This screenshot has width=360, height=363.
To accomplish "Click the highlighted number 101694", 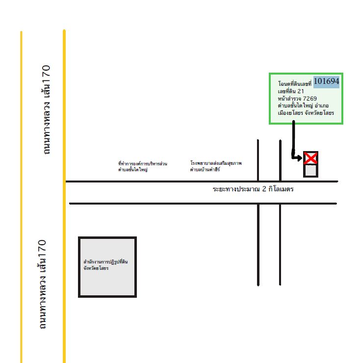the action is point(326,81).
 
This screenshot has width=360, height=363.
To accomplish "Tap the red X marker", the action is point(310,158).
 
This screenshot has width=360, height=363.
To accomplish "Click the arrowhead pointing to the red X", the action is point(299,158).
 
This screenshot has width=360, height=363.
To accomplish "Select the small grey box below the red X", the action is point(310,171).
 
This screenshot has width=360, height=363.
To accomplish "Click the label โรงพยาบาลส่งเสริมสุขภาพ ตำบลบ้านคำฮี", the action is point(216,166).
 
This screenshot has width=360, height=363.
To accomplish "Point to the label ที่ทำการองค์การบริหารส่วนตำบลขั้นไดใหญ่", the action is point(143,167).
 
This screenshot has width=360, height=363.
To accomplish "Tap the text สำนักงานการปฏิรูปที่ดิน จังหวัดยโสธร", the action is point(105,265).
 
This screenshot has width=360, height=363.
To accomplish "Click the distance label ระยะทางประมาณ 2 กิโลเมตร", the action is point(253,189).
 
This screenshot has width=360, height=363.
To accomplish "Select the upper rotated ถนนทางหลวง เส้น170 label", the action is point(46,110).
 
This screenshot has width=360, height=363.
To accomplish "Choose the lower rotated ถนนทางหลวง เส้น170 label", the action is point(42,285).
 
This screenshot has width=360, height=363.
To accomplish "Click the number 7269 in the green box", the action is point(310,99).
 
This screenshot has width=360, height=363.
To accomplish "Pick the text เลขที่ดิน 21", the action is point(291,91).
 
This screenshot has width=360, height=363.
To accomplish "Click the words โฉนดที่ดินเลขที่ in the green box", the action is point(295,83).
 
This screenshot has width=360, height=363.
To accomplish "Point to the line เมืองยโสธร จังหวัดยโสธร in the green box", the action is point(306,113).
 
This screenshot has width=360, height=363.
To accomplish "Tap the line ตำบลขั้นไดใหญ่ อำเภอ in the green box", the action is point(303,106).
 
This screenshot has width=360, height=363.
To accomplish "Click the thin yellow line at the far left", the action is point(21,197).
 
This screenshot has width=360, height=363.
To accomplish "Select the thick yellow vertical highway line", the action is point(64,196).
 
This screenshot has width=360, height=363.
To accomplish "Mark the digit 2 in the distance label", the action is point(264,189).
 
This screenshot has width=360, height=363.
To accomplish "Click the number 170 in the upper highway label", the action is point(46,72).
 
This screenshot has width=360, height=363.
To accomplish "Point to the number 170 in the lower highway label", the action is point(42,247).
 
